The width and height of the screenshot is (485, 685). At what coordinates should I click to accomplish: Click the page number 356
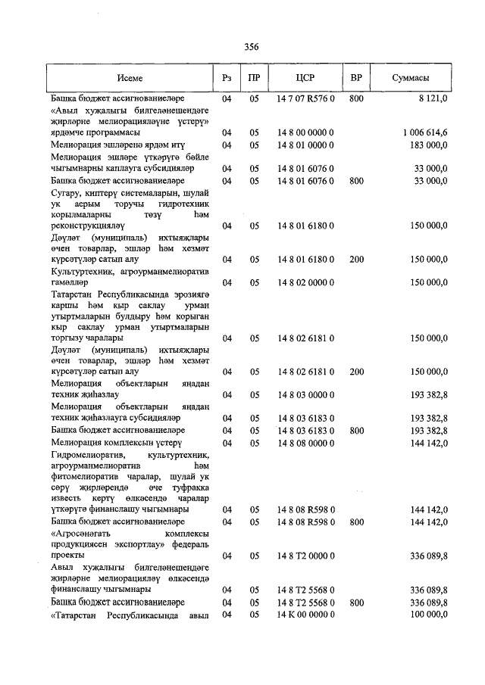(252, 47)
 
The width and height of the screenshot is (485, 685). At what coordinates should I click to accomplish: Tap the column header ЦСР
(306, 78)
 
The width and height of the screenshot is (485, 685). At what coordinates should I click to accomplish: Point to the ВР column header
(356, 78)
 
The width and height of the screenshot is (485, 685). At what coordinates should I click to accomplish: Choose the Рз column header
(226, 78)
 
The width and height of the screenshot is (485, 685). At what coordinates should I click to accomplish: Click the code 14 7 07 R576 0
(306, 98)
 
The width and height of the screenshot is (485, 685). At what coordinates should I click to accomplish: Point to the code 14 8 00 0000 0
(306, 132)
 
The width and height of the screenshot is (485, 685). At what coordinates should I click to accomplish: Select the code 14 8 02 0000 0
(306, 282)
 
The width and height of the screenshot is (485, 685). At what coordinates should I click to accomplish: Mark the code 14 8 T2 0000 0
(306, 556)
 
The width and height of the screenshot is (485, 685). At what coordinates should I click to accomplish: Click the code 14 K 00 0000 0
(306, 614)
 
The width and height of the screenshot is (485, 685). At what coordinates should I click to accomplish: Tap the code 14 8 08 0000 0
(306, 442)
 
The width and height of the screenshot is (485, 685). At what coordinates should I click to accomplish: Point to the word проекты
(68, 556)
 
